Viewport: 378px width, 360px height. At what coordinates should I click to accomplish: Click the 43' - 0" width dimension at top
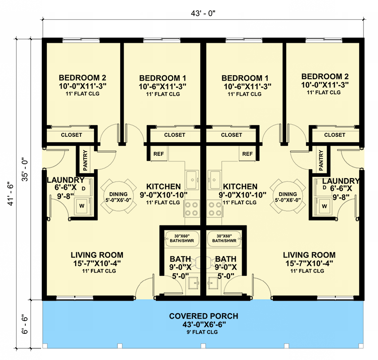203,13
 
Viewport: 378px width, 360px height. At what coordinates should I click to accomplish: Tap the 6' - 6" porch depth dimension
25,324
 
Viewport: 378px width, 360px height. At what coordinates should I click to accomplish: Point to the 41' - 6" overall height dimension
11,193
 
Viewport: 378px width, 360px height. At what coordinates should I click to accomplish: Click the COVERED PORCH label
203,316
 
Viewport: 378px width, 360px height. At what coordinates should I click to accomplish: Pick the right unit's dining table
288,197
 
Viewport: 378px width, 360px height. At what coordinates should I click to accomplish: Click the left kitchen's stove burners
192,209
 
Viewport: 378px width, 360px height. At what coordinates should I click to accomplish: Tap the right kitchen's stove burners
215,209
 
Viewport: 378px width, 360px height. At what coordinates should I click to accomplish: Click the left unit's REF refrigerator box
158,153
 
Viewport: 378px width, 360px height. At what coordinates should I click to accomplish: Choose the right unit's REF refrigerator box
247,153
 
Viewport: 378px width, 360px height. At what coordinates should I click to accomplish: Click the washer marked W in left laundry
82,206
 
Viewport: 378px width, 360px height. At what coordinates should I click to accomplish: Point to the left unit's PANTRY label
85,160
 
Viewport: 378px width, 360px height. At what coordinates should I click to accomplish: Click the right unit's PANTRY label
321,160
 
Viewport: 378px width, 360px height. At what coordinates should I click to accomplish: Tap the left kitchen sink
192,180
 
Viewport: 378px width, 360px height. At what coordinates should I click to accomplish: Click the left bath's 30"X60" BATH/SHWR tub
182,238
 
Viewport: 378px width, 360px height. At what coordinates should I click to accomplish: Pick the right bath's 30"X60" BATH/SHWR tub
225,238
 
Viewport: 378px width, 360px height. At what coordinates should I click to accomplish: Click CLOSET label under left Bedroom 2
72,135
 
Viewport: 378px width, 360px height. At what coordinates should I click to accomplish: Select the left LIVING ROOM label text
97,255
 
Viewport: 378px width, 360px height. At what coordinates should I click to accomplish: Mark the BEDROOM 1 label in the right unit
245,78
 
